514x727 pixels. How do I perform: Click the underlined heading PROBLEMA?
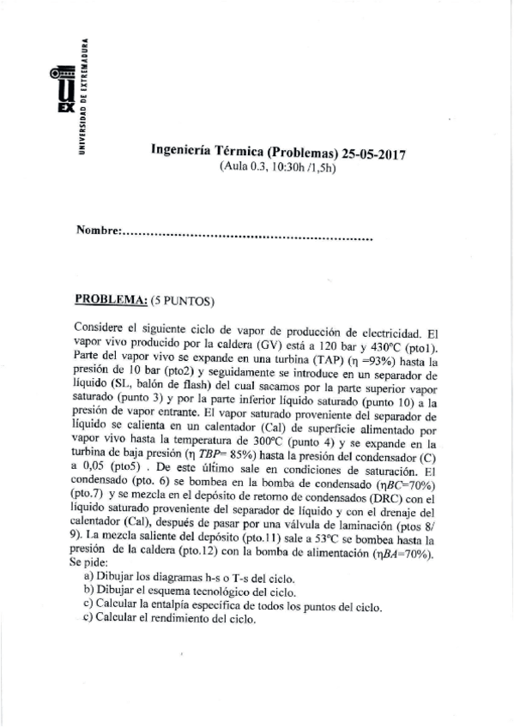112,300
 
